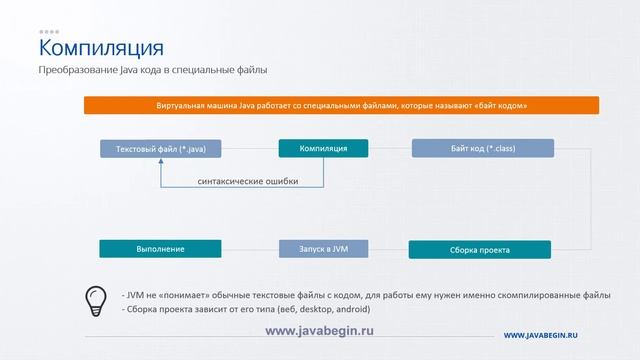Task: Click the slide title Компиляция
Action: pyautogui.click(x=100, y=48)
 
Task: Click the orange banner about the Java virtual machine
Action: pyautogui.click(x=341, y=105)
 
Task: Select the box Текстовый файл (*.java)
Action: pyautogui.click(x=161, y=149)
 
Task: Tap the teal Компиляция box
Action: pyautogui.click(x=323, y=149)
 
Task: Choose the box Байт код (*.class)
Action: pyautogui.click(x=482, y=149)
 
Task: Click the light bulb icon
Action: pyautogui.click(x=96, y=300)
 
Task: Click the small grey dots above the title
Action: pyautogui.click(x=49, y=32)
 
